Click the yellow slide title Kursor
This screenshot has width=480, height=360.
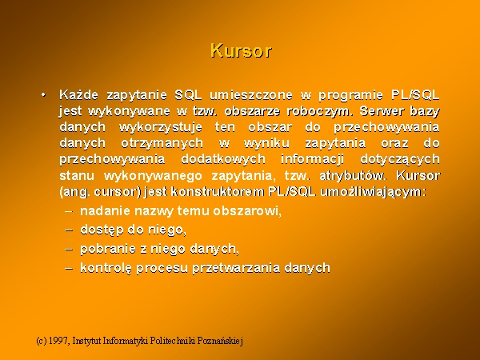(241, 50)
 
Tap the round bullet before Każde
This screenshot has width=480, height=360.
(43, 94)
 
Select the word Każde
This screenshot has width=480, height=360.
(78, 94)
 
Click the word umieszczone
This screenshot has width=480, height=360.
(251, 95)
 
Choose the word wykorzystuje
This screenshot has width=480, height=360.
(161, 127)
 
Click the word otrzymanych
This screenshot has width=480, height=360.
(162, 143)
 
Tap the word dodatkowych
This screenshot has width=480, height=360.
(223, 159)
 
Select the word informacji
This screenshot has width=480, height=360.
(312, 159)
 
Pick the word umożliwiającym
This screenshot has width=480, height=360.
(373, 192)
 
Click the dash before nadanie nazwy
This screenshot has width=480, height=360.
(69, 211)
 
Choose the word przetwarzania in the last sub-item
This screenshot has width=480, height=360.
(236, 268)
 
